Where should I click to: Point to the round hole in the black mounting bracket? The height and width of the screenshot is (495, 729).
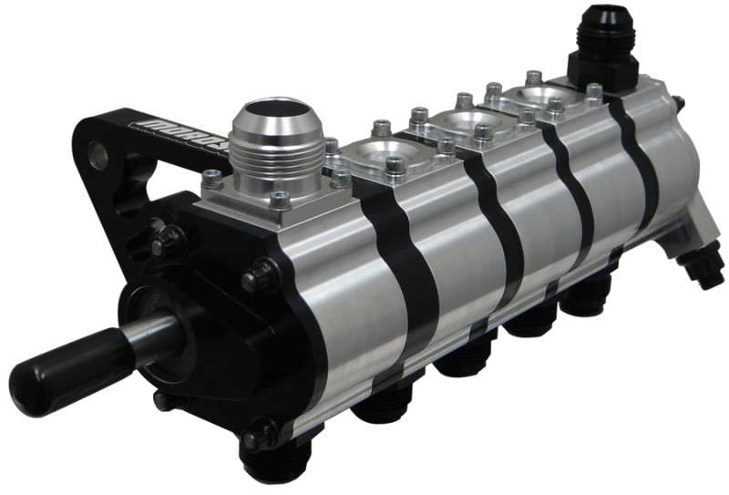pyautogui.click(x=98, y=155)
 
